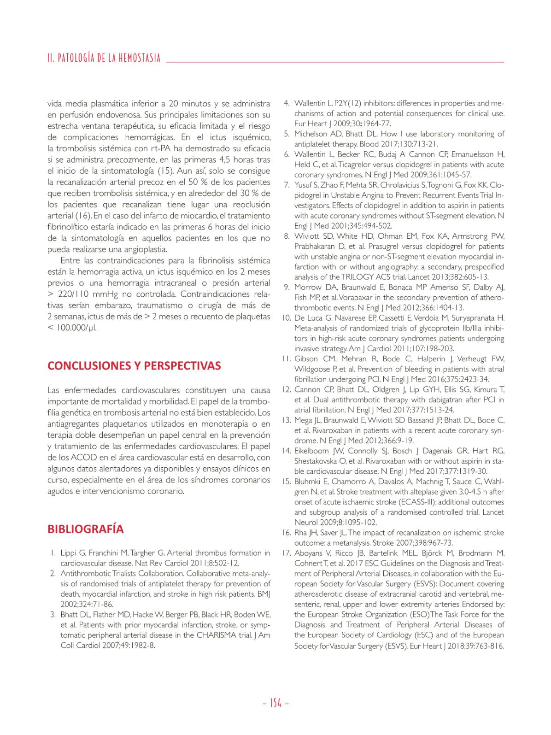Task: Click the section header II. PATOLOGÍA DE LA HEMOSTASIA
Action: tap(104, 58)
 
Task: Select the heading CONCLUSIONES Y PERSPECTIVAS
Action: tap(134, 366)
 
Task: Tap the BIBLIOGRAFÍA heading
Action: tap(86, 529)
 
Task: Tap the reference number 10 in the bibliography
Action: tap(286, 318)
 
